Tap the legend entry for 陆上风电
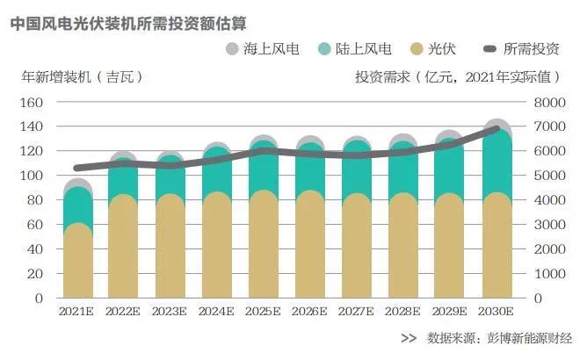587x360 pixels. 353,48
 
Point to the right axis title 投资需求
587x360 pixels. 458,76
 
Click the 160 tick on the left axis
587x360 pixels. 33,102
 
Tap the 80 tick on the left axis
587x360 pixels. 36,200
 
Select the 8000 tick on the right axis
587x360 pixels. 547,102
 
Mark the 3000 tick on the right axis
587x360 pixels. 547,225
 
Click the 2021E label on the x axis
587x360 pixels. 79,311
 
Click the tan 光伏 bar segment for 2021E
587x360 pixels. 79,263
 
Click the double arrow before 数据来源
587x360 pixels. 408,338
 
